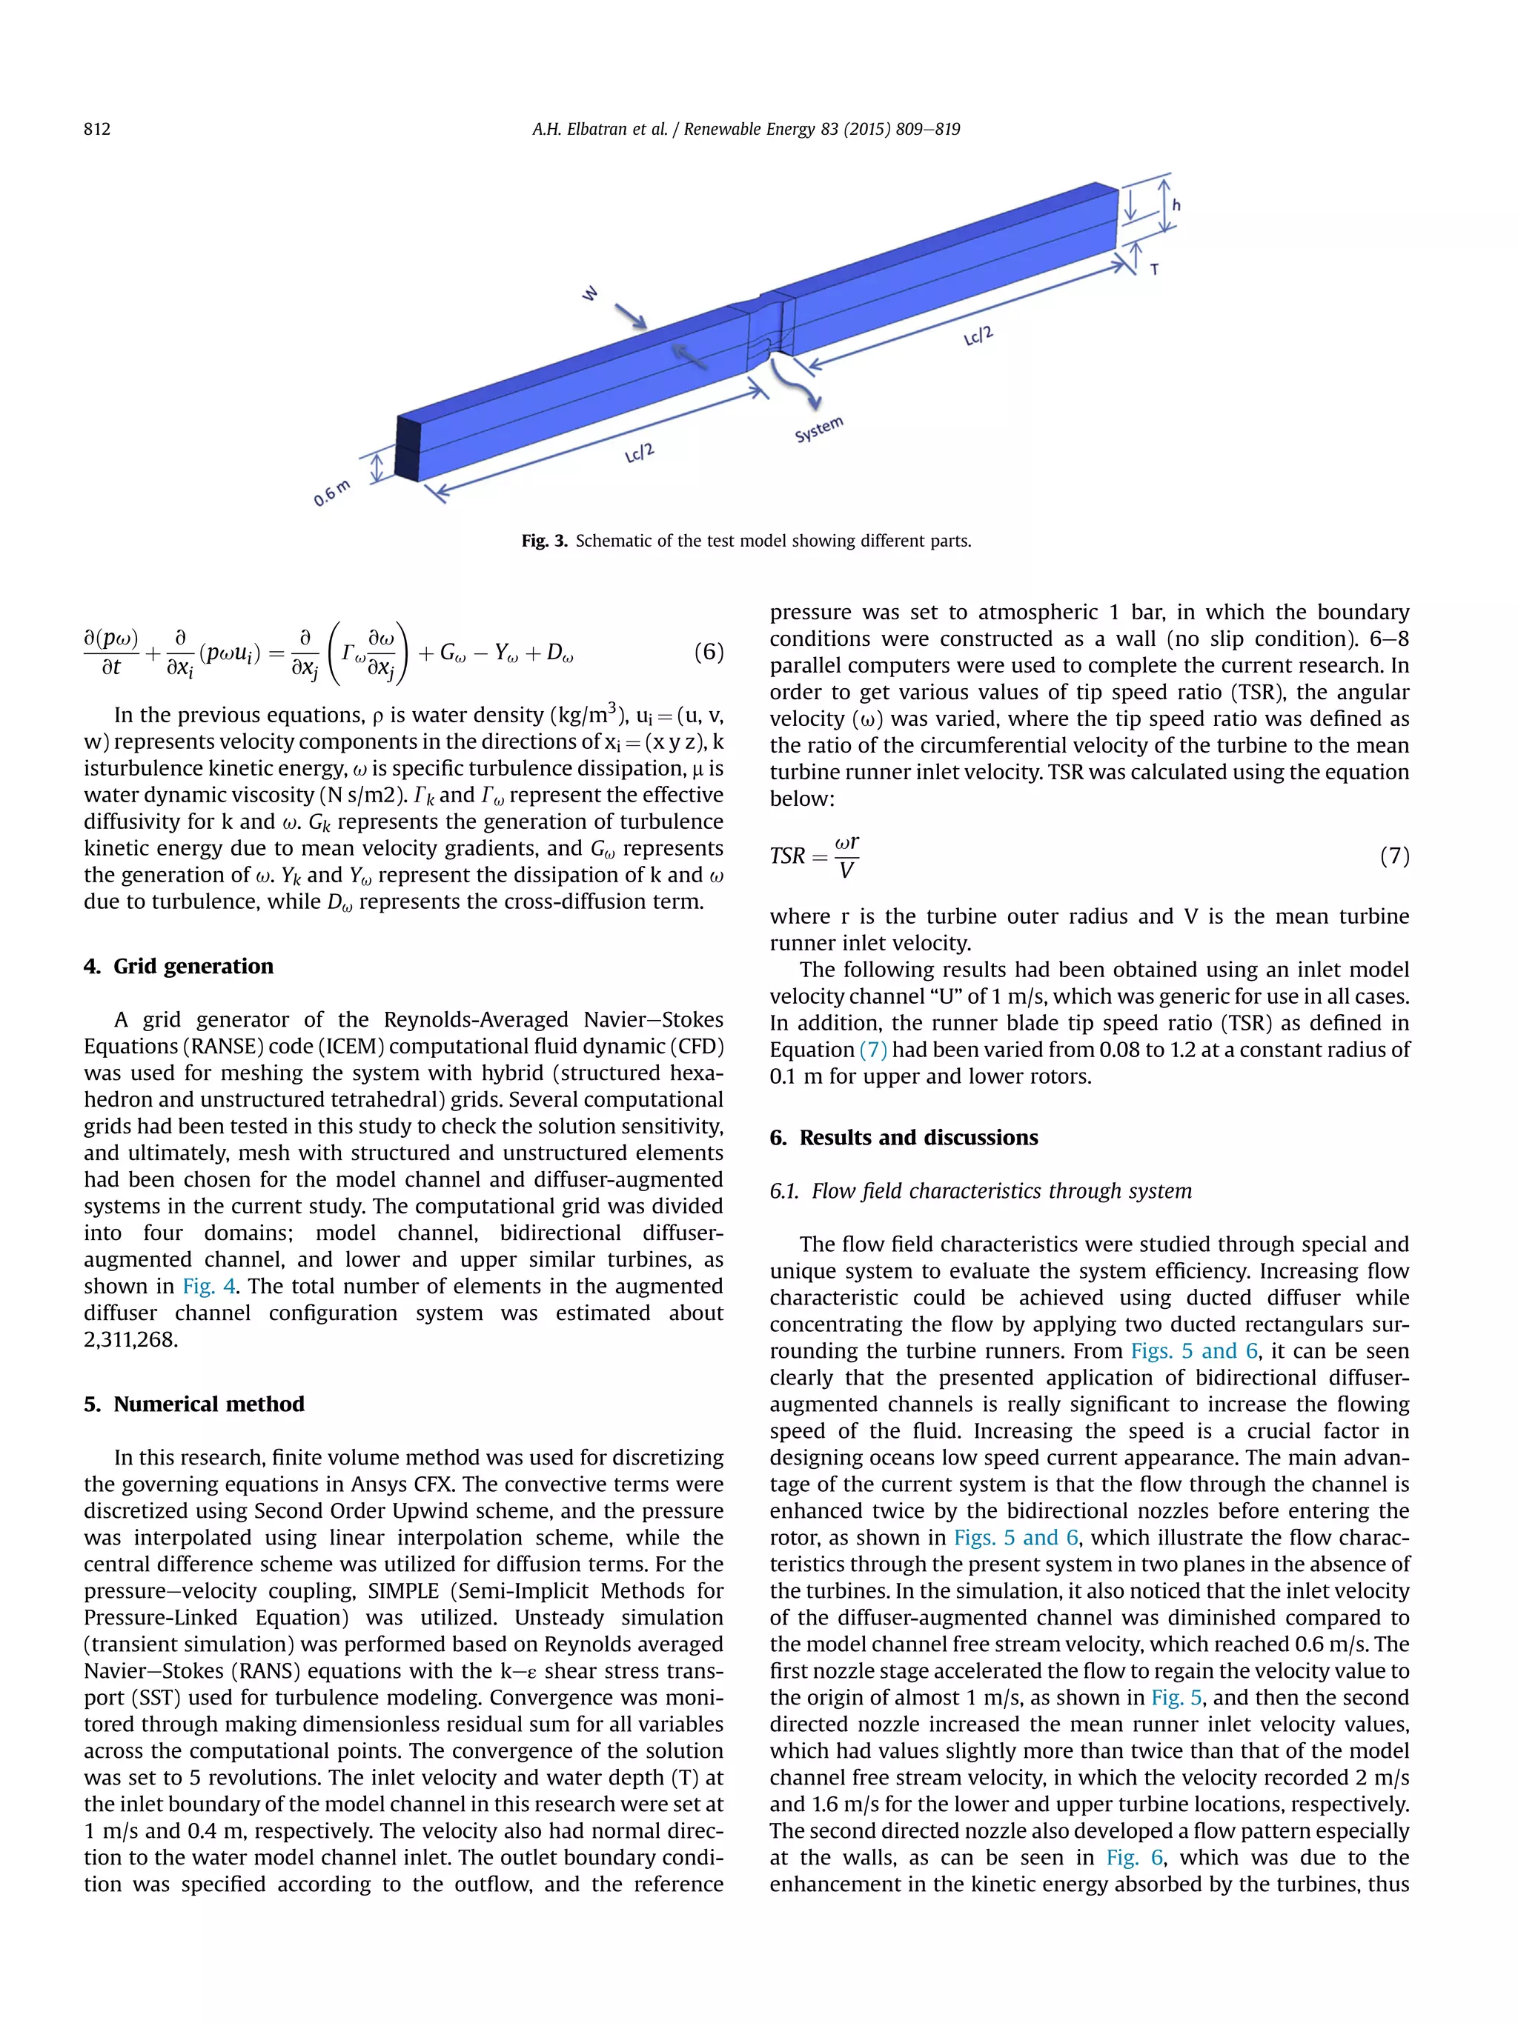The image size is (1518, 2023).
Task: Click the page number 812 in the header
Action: tap(97, 129)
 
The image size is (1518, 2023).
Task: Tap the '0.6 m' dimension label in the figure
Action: tap(331, 493)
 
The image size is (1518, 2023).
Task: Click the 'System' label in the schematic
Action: tap(818, 429)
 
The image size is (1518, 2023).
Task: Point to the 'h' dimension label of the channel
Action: tap(1176, 206)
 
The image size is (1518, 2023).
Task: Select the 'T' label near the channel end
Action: tap(1155, 270)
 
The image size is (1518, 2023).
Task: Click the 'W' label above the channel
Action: tap(590, 293)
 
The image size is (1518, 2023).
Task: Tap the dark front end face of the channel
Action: tap(406, 448)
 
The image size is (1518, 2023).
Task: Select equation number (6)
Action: tap(708, 652)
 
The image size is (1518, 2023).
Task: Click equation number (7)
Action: tap(1393, 856)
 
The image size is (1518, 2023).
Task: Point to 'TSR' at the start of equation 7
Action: tap(787, 856)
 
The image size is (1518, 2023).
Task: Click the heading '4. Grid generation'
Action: tap(179, 967)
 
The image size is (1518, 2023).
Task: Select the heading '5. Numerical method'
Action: tap(194, 1404)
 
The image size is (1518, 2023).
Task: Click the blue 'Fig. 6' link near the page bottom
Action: tap(1134, 1858)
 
